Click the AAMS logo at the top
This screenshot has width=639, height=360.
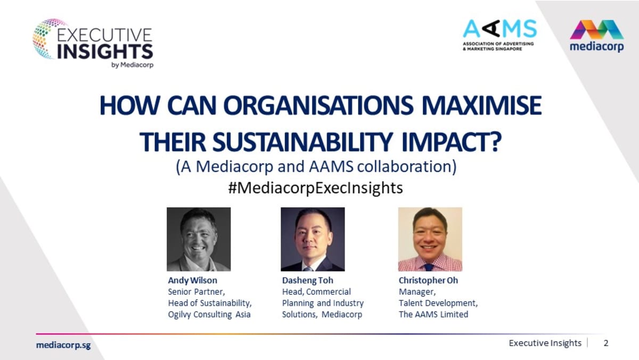499,34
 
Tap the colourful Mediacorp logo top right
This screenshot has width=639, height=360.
596,36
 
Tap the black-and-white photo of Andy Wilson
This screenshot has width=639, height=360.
199,239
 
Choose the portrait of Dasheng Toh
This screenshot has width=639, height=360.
313,239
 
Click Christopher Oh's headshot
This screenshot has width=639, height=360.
430,239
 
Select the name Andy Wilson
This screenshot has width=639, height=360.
192,280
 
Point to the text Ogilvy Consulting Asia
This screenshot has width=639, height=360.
209,314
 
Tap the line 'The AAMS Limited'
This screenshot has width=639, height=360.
433,314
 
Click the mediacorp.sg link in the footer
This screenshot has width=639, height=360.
63,345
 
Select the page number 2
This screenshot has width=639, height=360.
605,343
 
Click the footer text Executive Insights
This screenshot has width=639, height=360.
545,343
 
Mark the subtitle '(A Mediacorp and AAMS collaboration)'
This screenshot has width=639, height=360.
316,167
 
